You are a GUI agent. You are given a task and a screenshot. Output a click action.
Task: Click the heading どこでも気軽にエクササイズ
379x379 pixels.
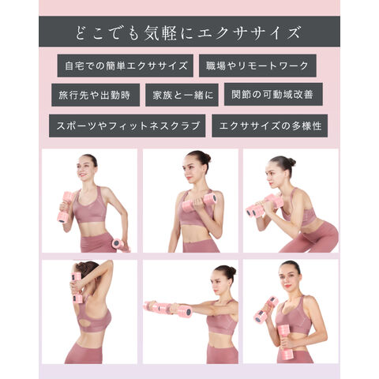[x=188, y=32]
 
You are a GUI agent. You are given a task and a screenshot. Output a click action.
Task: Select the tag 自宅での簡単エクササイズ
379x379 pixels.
[x=126, y=66]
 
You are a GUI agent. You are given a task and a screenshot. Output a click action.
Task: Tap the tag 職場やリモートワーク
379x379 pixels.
[x=257, y=66]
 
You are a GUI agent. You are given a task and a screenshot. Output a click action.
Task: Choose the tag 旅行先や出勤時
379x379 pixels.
[x=96, y=95]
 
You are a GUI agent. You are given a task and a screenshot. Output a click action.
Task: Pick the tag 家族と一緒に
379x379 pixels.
[x=182, y=95]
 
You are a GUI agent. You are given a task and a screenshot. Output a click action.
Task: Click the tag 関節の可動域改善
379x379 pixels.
[x=273, y=95]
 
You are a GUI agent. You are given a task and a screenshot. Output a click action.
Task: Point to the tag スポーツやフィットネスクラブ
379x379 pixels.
[x=127, y=126]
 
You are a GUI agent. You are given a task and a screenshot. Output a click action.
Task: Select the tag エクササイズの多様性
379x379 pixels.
[x=270, y=126]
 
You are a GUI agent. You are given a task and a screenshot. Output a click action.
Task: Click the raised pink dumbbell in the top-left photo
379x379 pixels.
[x=66, y=208]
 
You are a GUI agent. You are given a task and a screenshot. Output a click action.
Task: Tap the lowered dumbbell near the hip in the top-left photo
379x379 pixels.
[x=120, y=246]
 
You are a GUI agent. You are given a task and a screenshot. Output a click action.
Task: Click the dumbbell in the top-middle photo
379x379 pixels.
[x=200, y=202]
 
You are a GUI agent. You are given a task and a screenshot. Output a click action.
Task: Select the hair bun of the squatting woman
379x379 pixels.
[x=291, y=162]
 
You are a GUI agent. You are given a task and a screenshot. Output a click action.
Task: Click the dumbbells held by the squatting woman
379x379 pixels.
[x=265, y=206]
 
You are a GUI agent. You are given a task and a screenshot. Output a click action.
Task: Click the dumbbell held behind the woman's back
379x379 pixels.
[x=77, y=288]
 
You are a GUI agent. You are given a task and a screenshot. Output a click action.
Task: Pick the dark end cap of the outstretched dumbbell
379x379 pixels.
[x=189, y=313]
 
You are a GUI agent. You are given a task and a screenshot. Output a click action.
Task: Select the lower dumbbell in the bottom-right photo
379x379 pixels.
[x=284, y=340]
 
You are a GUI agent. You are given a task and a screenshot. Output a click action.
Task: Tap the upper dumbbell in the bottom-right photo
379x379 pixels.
[x=266, y=310]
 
